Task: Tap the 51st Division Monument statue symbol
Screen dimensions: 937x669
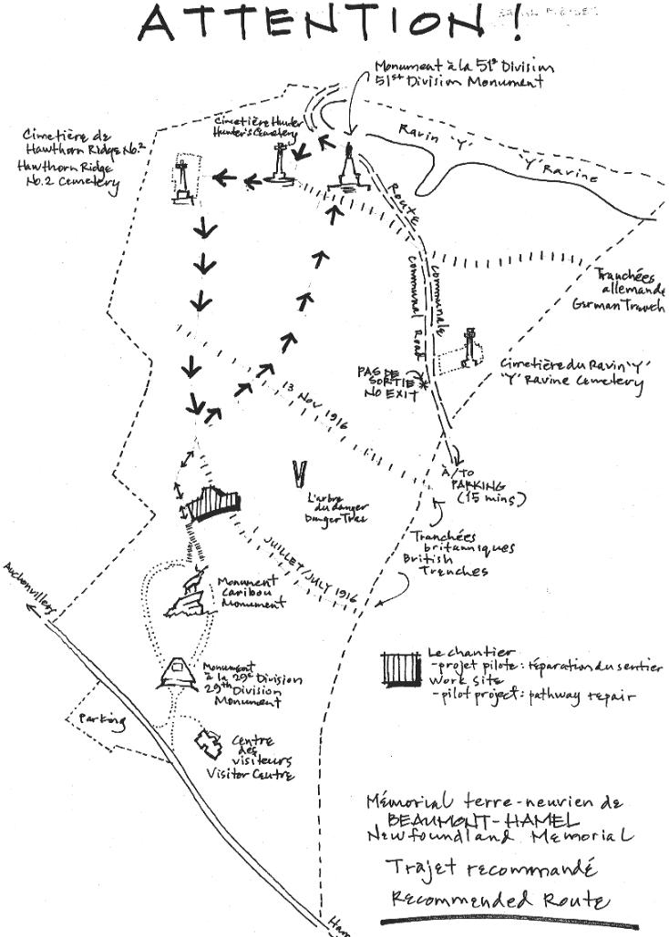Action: click(349, 170)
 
